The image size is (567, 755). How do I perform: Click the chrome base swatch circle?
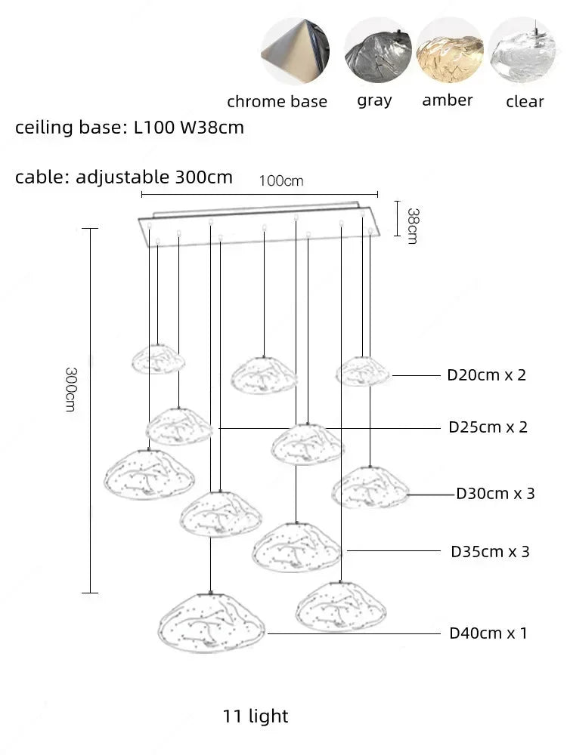[x=296, y=51]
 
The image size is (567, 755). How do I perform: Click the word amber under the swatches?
[x=448, y=100]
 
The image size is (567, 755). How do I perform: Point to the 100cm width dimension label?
[x=281, y=181]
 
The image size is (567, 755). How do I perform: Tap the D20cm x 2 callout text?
[x=486, y=375]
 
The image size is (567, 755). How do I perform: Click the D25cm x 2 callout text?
[x=488, y=427]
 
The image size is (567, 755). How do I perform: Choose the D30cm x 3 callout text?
[x=495, y=494]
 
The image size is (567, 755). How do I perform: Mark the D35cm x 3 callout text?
[x=490, y=551]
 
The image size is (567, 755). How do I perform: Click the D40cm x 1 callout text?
[x=488, y=633]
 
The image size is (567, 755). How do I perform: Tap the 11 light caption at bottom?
[x=256, y=716]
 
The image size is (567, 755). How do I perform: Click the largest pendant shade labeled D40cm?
[x=211, y=624]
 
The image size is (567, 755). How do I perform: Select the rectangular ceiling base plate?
[x=257, y=224]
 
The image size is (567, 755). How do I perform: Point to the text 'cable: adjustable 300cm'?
[x=124, y=177]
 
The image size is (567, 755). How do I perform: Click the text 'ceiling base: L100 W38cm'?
[x=130, y=128]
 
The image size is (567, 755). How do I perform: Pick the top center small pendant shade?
[x=264, y=374]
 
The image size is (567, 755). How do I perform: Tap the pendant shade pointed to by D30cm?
[x=370, y=488]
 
